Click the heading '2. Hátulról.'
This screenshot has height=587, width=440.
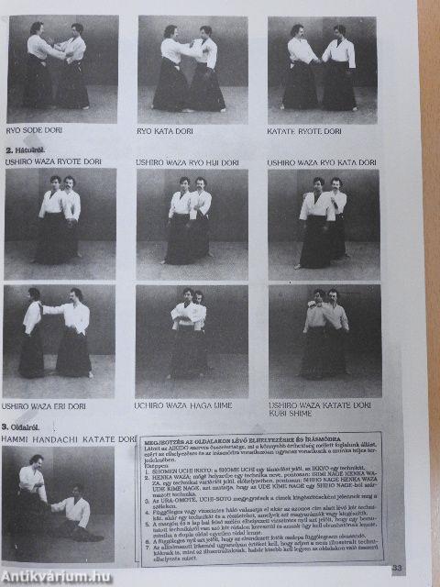(26, 149)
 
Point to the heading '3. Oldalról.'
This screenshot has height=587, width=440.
(24, 427)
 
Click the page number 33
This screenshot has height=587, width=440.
(396, 569)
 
